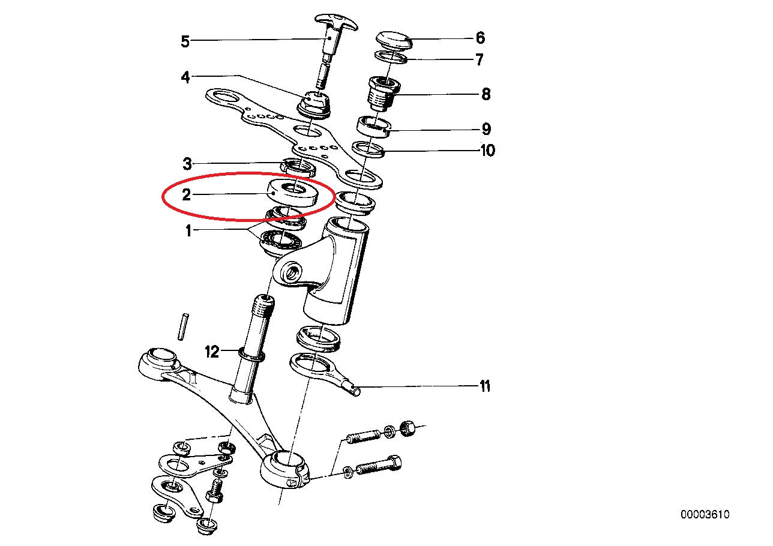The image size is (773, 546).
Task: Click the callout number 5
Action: point(185,42)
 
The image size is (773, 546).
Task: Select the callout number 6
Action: point(480,38)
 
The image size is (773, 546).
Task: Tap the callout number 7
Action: point(480,59)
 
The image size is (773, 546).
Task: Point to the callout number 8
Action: point(486,94)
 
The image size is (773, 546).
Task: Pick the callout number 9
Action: point(486,129)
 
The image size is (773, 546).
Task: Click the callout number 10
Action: point(487,151)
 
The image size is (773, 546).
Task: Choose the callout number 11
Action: point(485,386)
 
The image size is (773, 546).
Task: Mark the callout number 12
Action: point(212,352)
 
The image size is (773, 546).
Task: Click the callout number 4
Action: point(185,77)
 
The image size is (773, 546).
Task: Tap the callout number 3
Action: point(187,164)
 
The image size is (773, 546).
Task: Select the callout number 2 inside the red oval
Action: point(186,195)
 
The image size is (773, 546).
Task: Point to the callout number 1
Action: point(188,231)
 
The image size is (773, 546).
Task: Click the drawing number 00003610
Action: point(705,515)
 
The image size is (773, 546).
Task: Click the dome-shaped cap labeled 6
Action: point(394,40)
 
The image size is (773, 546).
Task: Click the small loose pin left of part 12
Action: point(182,326)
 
